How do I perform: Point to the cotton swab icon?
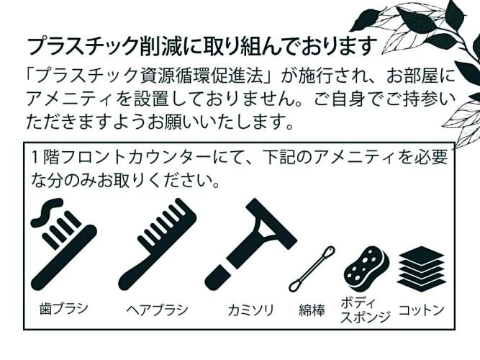[312, 269]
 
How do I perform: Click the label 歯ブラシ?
[64, 308]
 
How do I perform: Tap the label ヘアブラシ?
[158, 310]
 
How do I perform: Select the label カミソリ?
[250, 310]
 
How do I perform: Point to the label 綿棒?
[312, 310]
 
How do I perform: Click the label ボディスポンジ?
[366, 310]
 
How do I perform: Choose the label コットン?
[421, 310]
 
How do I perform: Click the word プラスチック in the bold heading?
[82, 46]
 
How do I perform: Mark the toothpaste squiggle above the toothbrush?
[47, 212]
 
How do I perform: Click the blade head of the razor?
[271, 223]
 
